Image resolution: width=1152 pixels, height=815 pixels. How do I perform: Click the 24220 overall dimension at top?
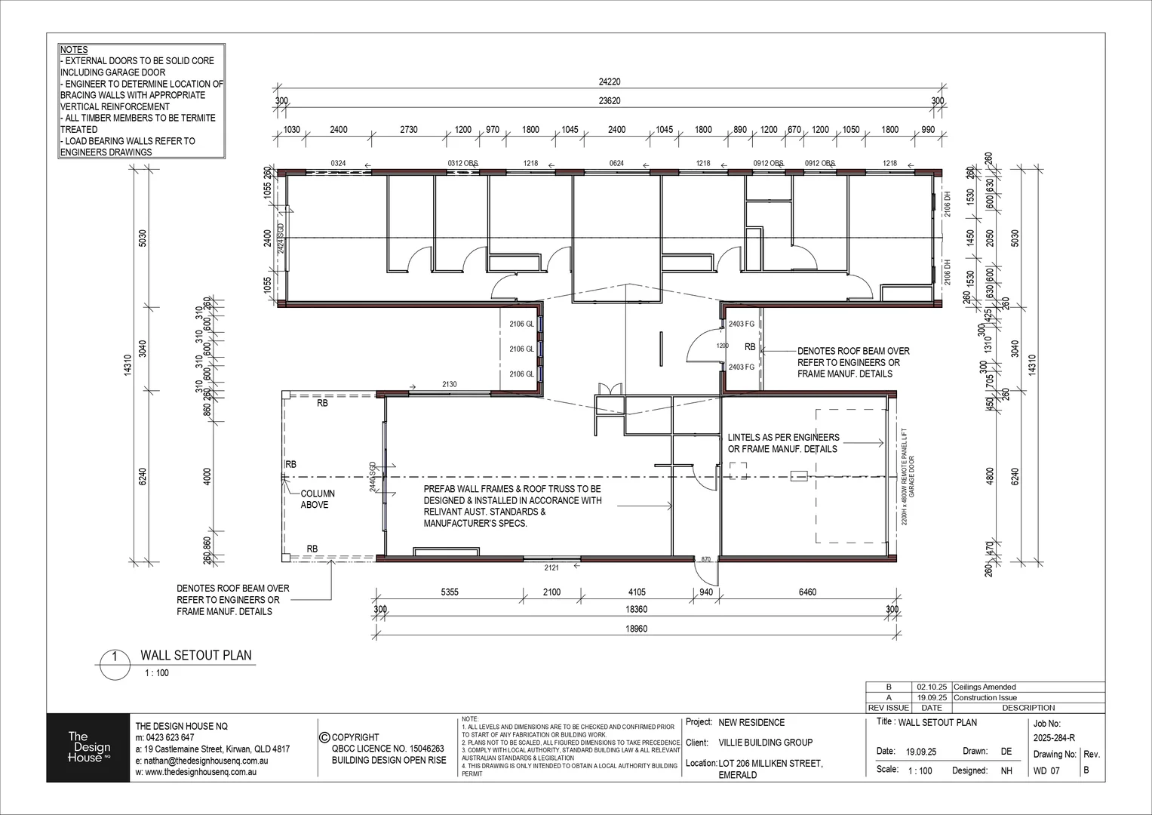click(x=609, y=82)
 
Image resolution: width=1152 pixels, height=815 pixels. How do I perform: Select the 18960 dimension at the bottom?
click(x=634, y=628)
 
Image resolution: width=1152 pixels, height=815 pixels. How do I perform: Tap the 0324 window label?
click(x=337, y=163)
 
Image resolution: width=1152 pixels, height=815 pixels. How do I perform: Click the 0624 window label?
click(x=616, y=163)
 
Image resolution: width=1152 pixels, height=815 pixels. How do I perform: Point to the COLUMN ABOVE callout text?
click(x=318, y=499)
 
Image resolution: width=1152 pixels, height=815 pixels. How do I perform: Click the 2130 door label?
click(x=449, y=385)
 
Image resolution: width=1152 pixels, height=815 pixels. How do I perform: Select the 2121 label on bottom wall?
click(x=551, y=567)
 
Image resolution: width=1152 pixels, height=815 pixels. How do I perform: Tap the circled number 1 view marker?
click(x=115, y=657)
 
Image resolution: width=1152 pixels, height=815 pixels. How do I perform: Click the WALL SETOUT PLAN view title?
click(x=196, y=656)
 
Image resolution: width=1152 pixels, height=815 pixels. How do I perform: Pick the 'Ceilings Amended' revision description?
click(x=985, y=687)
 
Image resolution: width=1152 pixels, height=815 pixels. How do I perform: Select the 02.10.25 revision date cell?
click(x=931, y=687)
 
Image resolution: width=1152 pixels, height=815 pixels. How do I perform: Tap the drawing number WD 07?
click(x=1046, y=771)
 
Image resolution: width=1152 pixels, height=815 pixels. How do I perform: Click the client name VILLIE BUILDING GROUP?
click(x=766, y=743)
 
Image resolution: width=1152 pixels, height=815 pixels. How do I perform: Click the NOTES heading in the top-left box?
click(x=74, y=50)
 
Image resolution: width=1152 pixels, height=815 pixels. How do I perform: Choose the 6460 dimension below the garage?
click(x=806, y=592)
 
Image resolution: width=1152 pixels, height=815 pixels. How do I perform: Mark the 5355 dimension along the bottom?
click(x=449, y=592)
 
